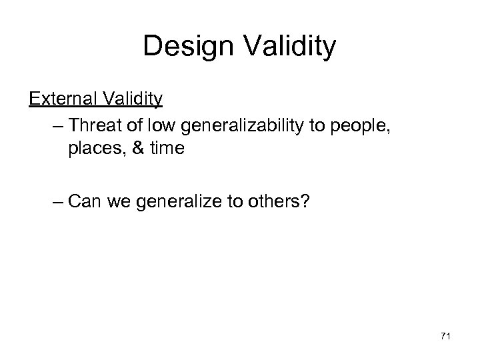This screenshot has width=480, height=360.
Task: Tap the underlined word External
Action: pyautogui.click(x=63, y=99)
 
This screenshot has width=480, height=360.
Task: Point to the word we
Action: pyautogui.click(x=118, y=201)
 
